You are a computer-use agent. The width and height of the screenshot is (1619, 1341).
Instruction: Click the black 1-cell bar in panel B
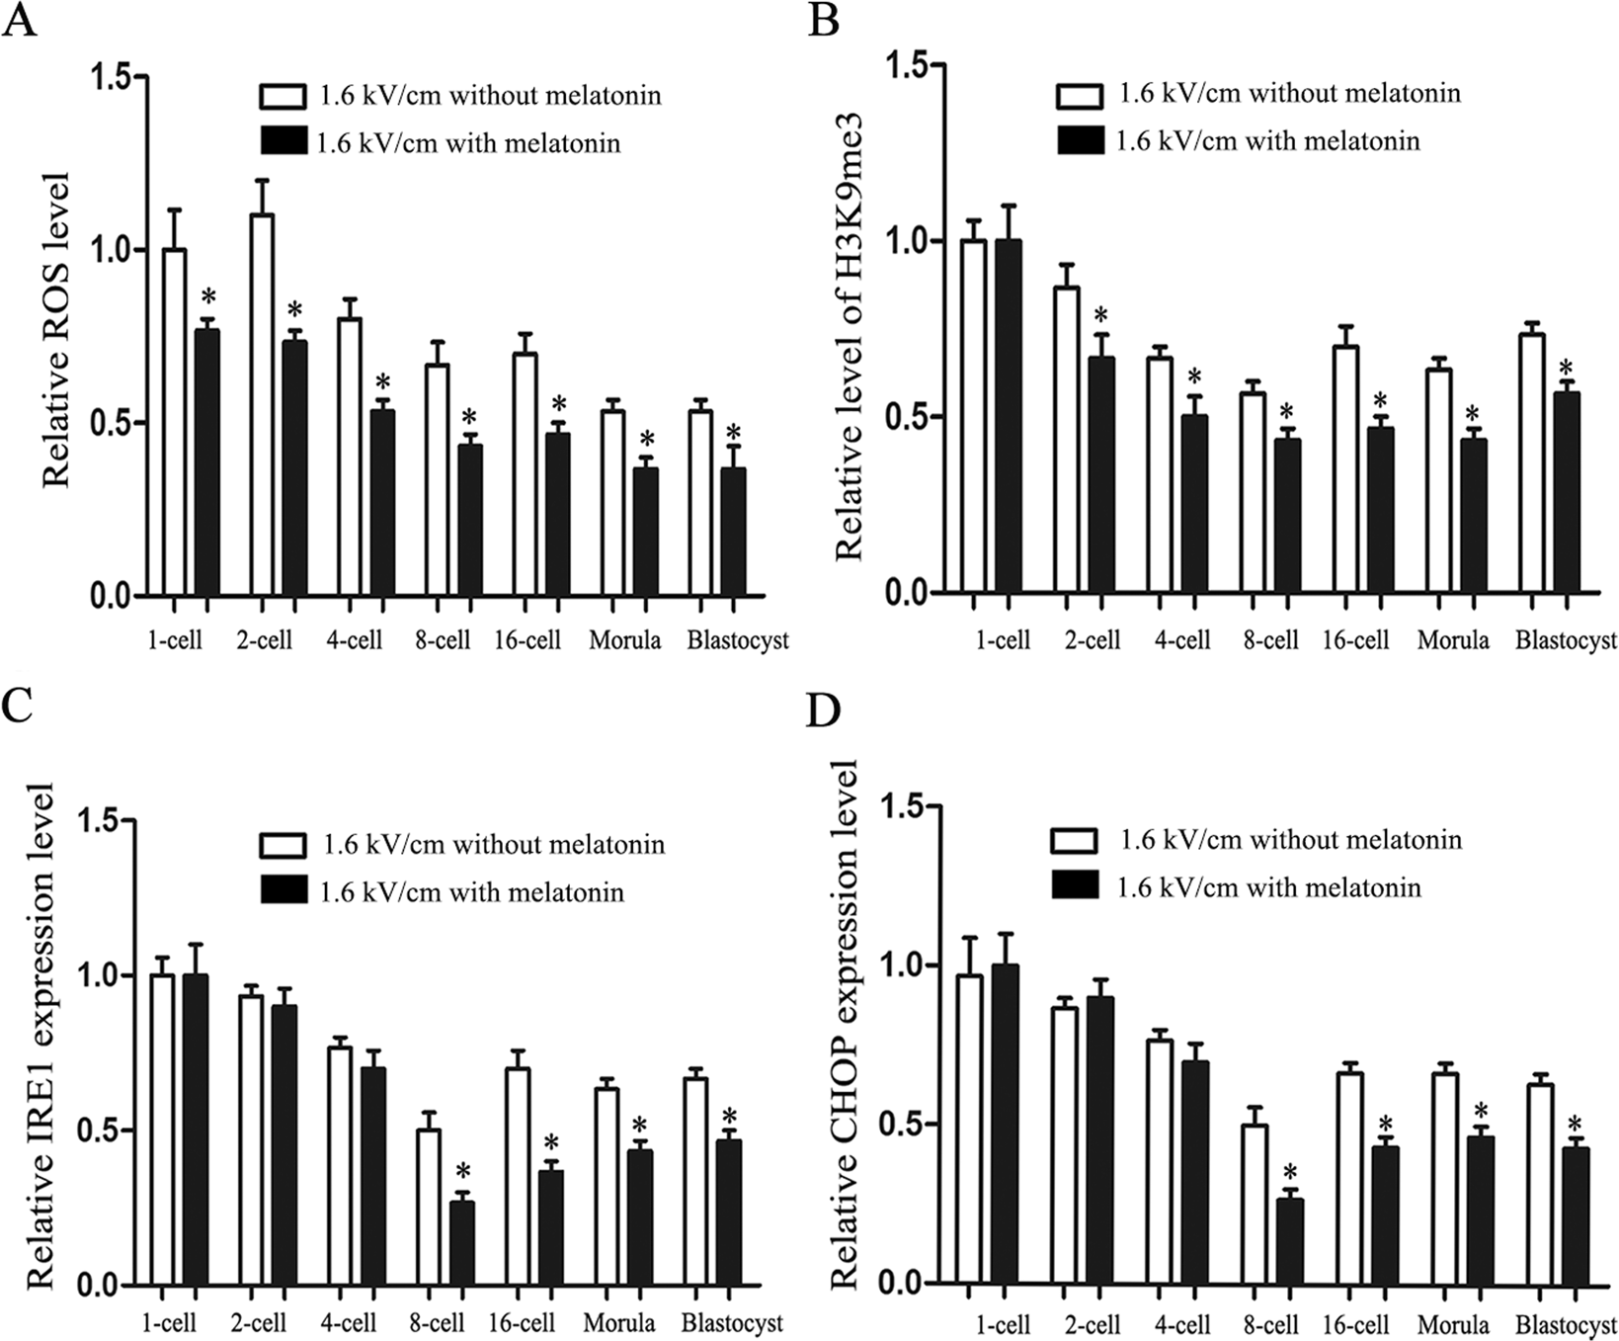1009,415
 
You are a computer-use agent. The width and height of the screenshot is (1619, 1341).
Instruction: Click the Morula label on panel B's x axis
1453,640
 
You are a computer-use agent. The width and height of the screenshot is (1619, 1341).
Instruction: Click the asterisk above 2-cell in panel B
1101,316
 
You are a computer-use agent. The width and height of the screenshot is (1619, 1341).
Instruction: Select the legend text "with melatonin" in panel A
469,143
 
